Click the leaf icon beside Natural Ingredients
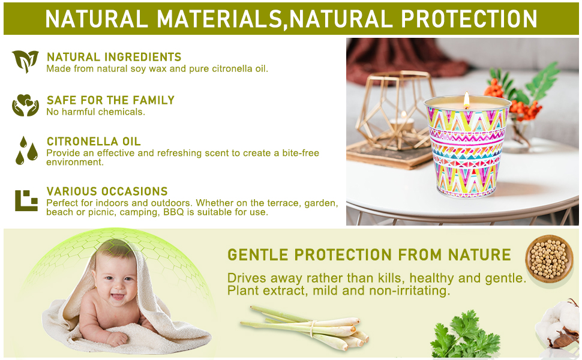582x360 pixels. pos(25,61)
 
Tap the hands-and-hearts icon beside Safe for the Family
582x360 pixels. pos(25,105)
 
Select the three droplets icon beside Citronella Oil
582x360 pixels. pos(26,151)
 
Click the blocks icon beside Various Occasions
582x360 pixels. pos(26,200)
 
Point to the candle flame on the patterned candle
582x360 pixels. pos(467,100)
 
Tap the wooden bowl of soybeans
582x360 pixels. pos(549,259)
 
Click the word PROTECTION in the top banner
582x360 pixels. pos(469,19)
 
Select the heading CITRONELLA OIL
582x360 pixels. pos(94,142)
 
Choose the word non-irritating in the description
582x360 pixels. pos(409,290)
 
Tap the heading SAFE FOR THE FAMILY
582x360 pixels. pos(110,100)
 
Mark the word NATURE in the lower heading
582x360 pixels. pos(479,255)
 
